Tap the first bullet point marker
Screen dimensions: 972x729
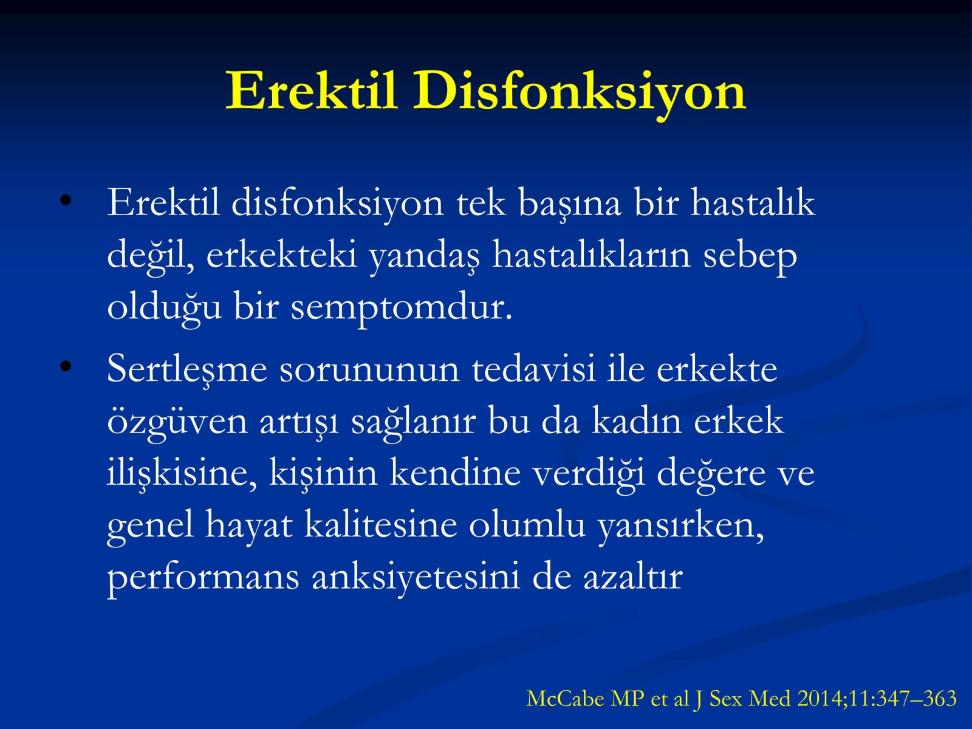(66, 200)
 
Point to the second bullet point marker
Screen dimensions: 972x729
(66, 366)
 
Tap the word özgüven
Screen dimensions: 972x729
(177, 422)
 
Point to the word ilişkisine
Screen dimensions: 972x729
(182, 474)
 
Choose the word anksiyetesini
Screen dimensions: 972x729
(416, 578)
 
